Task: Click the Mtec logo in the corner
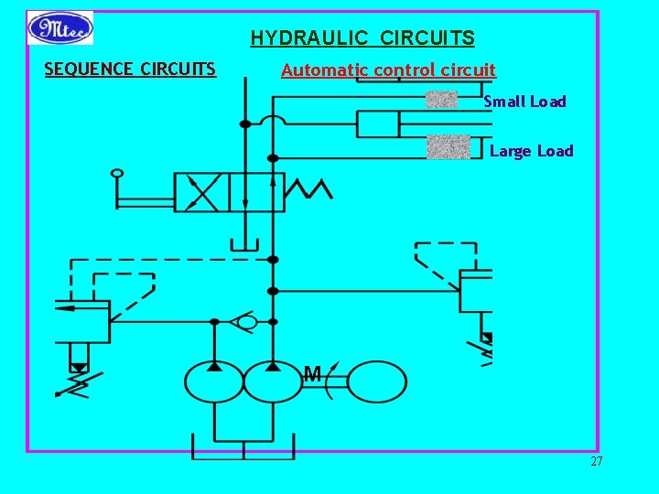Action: pyautogui.click(x=59, y=27)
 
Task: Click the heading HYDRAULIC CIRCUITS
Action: pyautogui.click(x=362, y=38)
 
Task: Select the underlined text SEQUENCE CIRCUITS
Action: pyautogui.click(x=130, y=69)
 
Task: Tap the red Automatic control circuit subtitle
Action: pyautogui.click(x=388, y=70)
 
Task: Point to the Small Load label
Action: pyautogui.click(x=524, y=102)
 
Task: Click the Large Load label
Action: pyautogui.click(x=531, y=151)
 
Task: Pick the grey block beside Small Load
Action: pyautogui.click(x=442, y=100)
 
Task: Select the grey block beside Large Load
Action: pyautogui.click(x=448, y=147)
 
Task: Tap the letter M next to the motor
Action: pyautogui.click(x=312, y=373)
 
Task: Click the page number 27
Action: pyautogui.click(x=596, y=462)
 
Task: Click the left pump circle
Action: pyautogui.click(x=214, y=381)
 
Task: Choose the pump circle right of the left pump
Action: pyautogui.click(x=273, y=381)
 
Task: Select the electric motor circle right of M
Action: pyautogui.click(x=377, y=381)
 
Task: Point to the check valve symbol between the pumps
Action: pyautogui.click(x=244, y=321)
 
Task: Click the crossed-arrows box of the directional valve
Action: pyautogui.click(x=201, y=192)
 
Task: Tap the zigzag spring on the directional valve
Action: pyautogui.click(x=308, y=188)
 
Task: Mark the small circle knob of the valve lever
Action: pyautogui.click(x=116, y=172)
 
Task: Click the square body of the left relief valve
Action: pyautogui.click(x=81, y=321)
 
